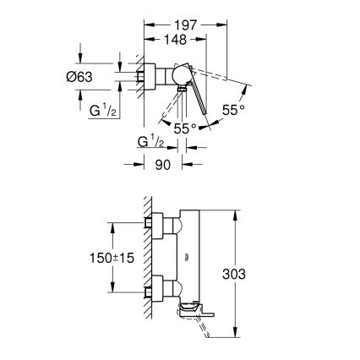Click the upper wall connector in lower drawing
154,223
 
